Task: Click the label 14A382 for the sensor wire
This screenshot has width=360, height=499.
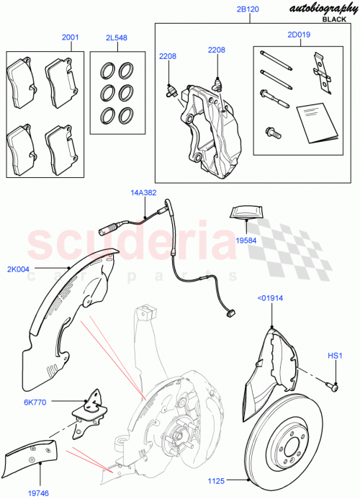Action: (143, 193)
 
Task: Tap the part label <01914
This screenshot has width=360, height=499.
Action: (271, 296)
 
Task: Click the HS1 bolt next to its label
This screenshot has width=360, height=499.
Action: (333, 385)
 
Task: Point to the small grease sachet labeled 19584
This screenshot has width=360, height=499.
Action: (246, 214)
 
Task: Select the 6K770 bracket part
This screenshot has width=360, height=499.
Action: (91, 407)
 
